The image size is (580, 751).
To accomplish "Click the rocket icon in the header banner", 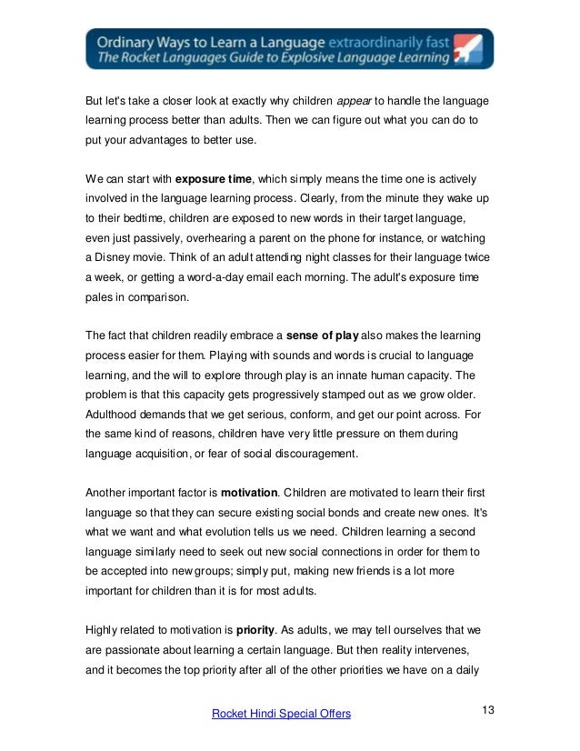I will (467, 48).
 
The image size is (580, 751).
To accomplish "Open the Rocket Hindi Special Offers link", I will (281, 715).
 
